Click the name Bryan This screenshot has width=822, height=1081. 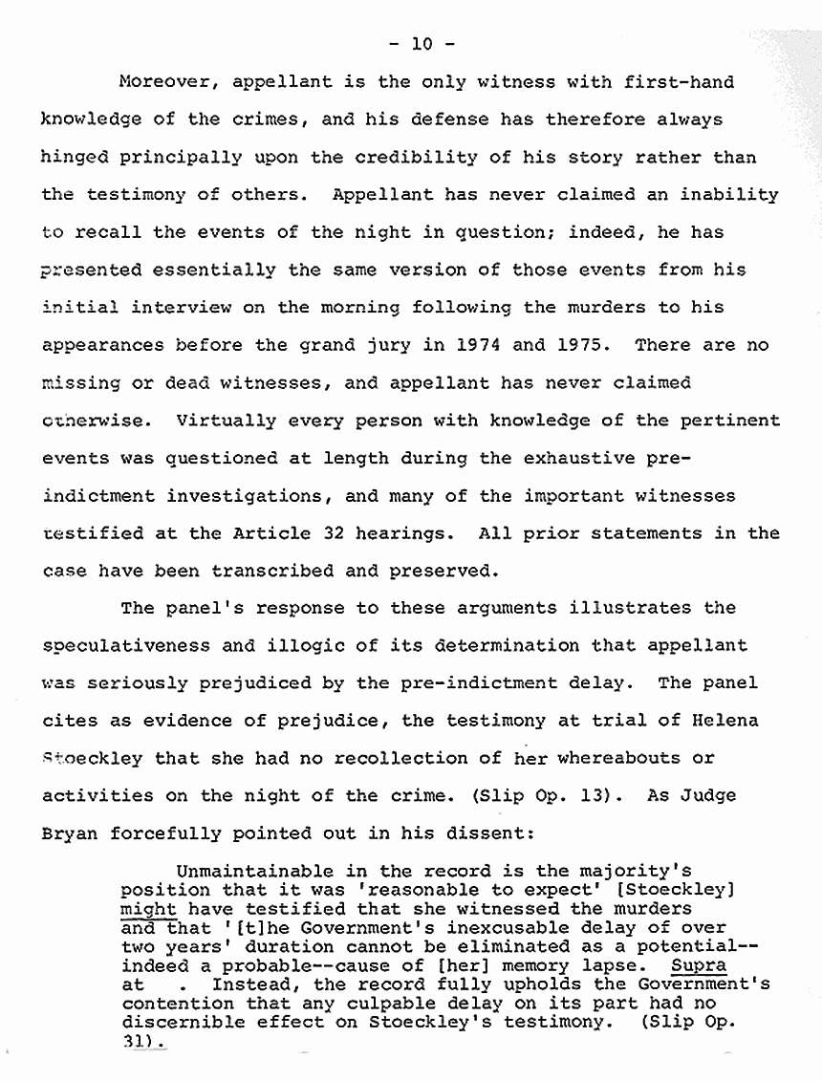coord(70,833)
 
